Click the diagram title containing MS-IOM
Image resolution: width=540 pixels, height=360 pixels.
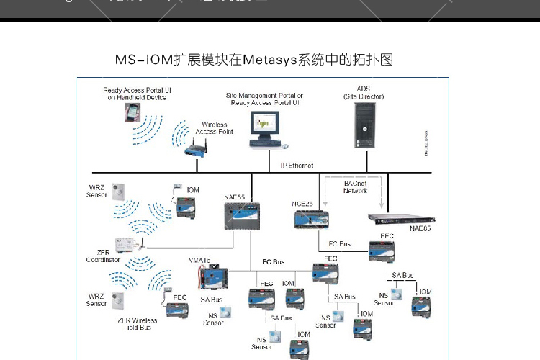pyautogui.click(x=254, y=59)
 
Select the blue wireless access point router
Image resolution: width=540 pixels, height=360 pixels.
pyautogui.click(x=195, y=149)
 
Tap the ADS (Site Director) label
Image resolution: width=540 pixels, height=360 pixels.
pyautogui.click(x=364, y=92)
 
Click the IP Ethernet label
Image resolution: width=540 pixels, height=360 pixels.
pyautogui.click(x=297, y=166)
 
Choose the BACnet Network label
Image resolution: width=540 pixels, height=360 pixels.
pyautogui.click(x=355, y=187)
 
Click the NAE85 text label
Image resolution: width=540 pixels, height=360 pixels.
pyautogui.click(x=420, y=229)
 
